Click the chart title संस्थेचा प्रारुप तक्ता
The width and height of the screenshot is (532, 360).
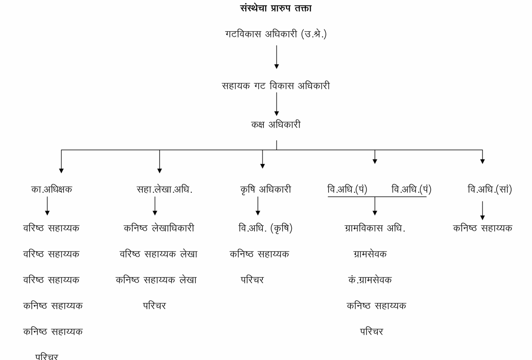click(276, 8)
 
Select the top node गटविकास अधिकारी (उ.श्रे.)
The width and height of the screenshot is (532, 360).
click(276, 34)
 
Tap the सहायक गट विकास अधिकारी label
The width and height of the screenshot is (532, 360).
click(276, 85)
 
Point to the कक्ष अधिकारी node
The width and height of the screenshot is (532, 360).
click(276, 124)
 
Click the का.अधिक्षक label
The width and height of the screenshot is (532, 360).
click(51, 189)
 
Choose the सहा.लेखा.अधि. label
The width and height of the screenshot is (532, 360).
click(164, 189)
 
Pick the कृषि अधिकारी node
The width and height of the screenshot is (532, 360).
click(266, 190)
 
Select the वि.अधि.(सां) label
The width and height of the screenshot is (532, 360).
click(490, 189)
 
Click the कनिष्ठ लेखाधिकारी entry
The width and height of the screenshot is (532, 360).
click(159, 228)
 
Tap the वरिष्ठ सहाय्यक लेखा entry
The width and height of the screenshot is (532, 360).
click(158, 254)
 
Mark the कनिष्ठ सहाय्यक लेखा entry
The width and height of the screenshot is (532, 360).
click(156, 280)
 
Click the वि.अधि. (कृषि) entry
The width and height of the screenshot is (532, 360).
click(265, 228)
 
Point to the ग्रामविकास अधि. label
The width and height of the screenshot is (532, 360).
click(375, 228)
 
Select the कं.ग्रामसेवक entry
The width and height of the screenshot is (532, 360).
click(370, 280)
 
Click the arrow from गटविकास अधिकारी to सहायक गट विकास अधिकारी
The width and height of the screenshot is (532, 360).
click(276, 57)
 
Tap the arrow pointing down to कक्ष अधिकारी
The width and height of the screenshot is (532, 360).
click(276, 104)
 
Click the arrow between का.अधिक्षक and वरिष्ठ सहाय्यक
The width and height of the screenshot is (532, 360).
click(47, 206)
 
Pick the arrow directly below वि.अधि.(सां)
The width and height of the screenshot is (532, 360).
click(483, 211)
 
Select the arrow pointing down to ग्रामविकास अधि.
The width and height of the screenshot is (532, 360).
click(375, 206)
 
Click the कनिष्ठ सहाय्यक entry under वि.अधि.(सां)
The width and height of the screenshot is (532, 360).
click(483, 228)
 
